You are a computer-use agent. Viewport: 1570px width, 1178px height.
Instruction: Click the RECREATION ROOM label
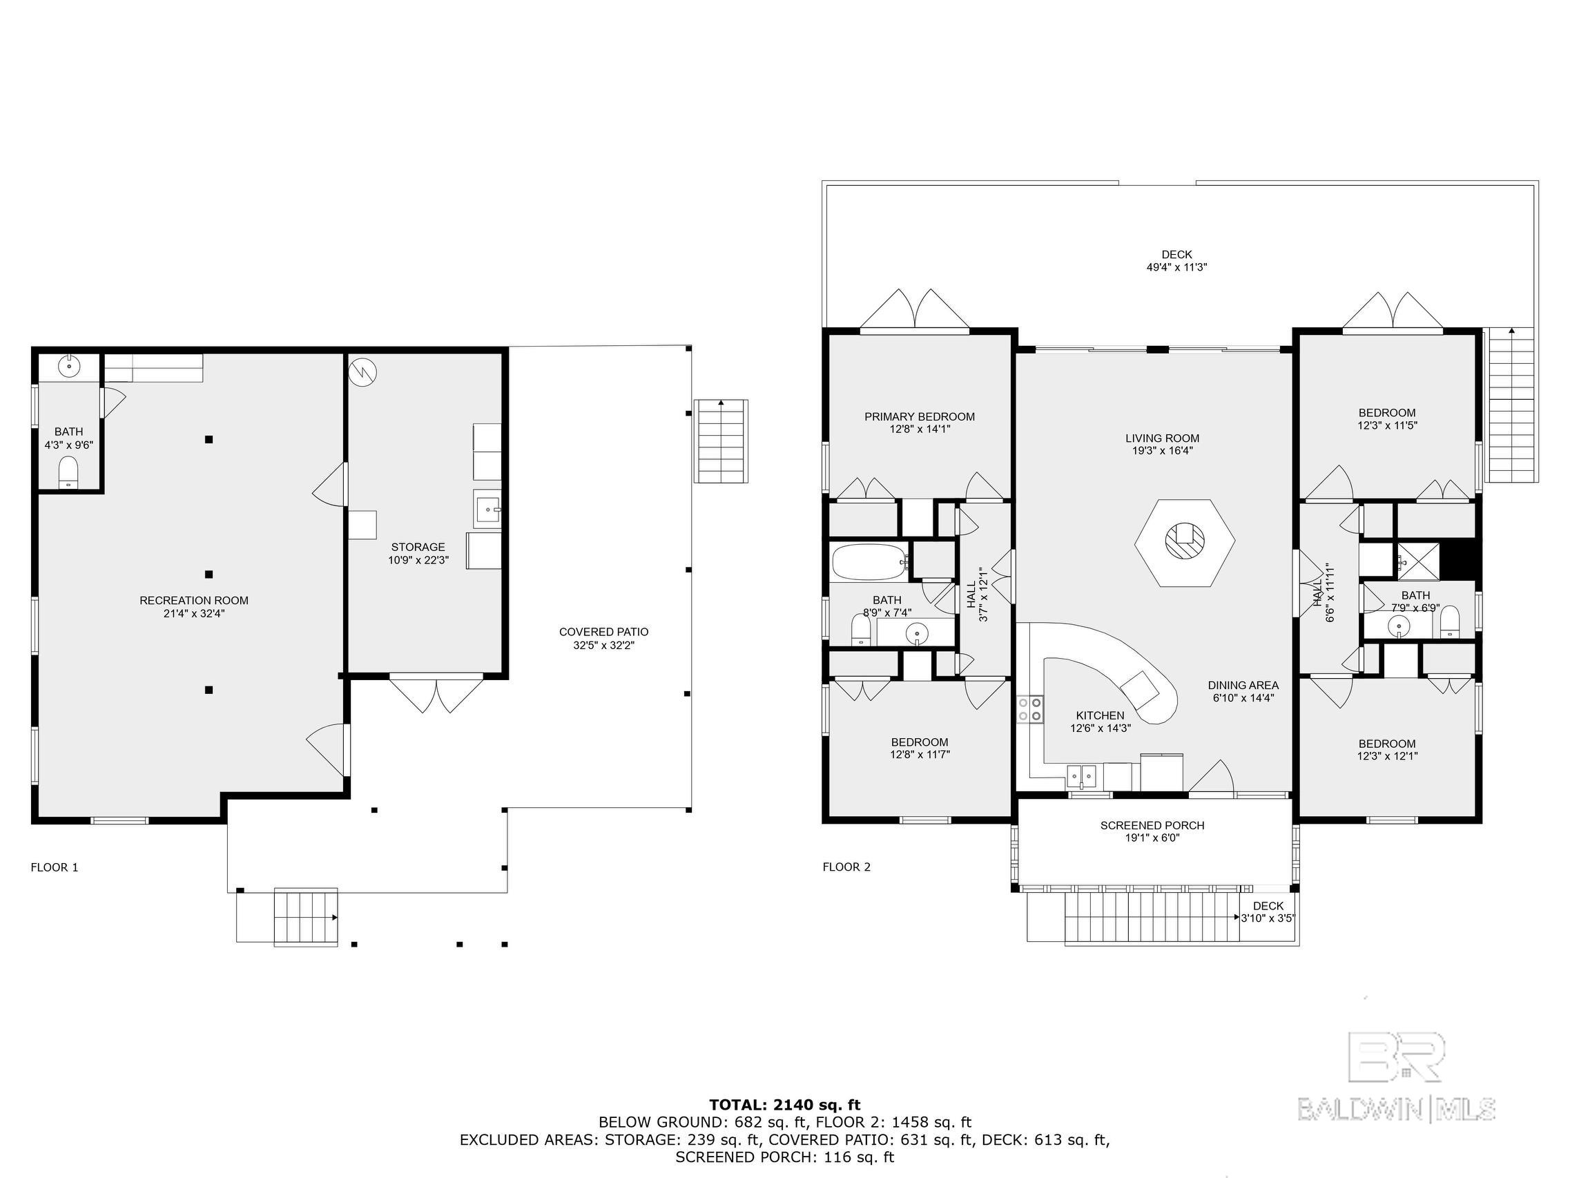coord(194,601)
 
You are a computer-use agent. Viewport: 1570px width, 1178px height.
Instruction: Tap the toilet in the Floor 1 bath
coord(68,472)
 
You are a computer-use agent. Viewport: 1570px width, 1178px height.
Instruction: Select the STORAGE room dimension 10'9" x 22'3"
coord(418,559)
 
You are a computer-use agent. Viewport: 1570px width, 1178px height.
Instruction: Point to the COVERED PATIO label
coord(603,632)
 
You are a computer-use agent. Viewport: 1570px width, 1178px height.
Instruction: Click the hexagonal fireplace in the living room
coord(1184,543)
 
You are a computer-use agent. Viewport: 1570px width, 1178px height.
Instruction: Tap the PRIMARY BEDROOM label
coord(919,417)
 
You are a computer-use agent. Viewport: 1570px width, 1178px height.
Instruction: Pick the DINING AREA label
coord(1243,685)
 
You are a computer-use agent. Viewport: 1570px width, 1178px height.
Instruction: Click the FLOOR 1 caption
coord(55,867)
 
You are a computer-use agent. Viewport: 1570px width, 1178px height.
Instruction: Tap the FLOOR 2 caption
coord(846,867)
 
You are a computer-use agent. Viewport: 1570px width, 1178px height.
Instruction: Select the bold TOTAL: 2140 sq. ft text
coord(785,1105)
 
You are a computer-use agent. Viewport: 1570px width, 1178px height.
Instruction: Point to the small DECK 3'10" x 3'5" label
coord(1268,911)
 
